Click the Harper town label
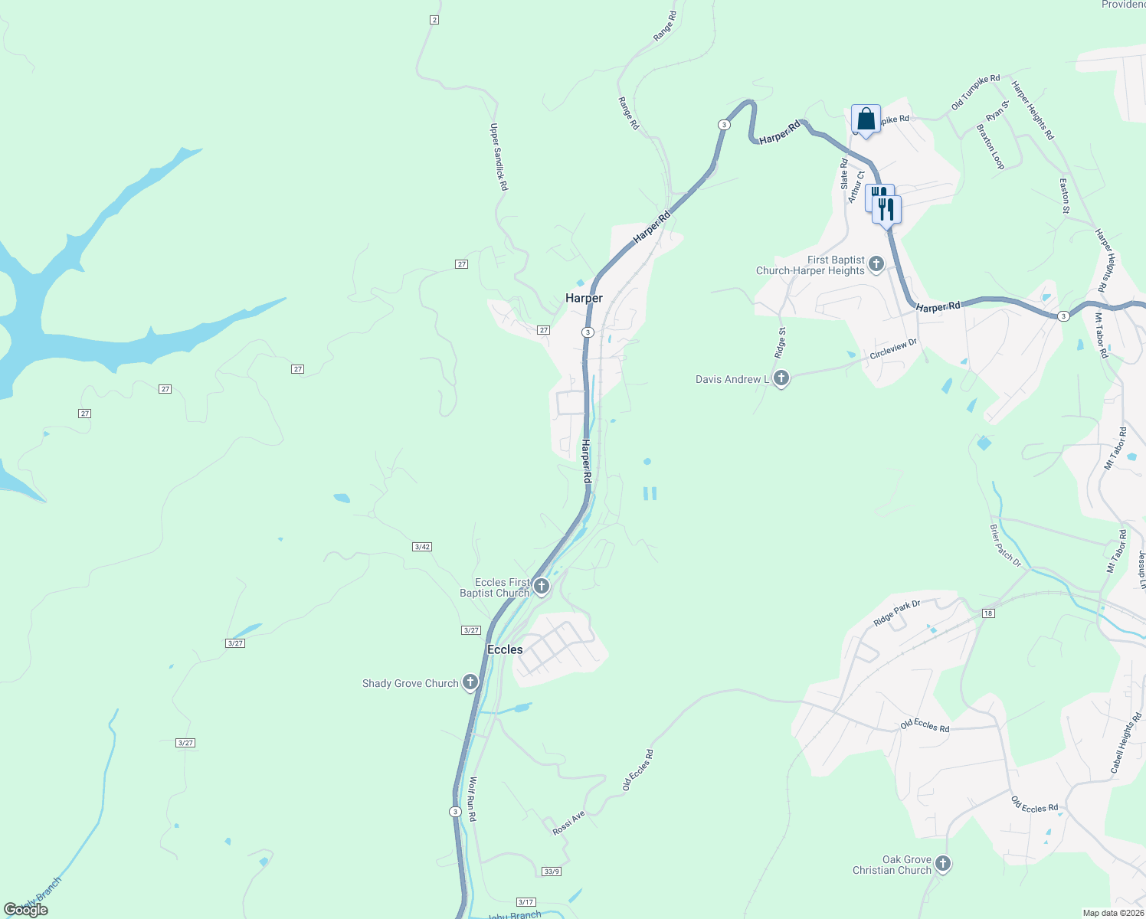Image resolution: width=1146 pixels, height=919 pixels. (x=584, y=298)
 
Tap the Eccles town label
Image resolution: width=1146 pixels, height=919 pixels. (x=505, y=649)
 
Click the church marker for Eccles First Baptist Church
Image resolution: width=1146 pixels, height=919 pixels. (x=542, y=587)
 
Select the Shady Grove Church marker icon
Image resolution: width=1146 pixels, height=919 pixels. (x=470, y=682)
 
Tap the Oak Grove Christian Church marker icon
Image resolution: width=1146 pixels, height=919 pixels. (x=943, y=863)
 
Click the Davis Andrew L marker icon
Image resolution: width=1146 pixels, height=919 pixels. (x=781, y=378)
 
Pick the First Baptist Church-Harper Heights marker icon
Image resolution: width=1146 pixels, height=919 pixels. (x=876, y=264)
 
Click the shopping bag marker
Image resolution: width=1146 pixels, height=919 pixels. (x=866, y=120)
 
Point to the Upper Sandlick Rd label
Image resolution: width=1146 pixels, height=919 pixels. (x=499, y=157)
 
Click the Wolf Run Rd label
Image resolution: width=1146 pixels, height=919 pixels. (x=473, y=800)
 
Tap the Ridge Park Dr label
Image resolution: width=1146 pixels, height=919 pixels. (x=897, y=613)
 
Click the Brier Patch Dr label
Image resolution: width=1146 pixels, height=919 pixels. (x=1005, y=545)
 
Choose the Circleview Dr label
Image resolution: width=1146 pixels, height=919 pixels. (x=893, y=349)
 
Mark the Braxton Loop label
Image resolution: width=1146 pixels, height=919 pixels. (x=990, y=147)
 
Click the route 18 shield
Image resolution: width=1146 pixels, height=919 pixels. (x=988, y=613)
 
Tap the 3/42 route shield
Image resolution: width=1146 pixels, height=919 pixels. (x=422, y=547)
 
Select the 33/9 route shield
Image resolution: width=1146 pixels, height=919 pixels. (x=552, y=872)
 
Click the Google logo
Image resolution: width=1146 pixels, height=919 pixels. (x=26, y=910)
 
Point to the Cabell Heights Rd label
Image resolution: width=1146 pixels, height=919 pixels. (x=1125, y=742)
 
